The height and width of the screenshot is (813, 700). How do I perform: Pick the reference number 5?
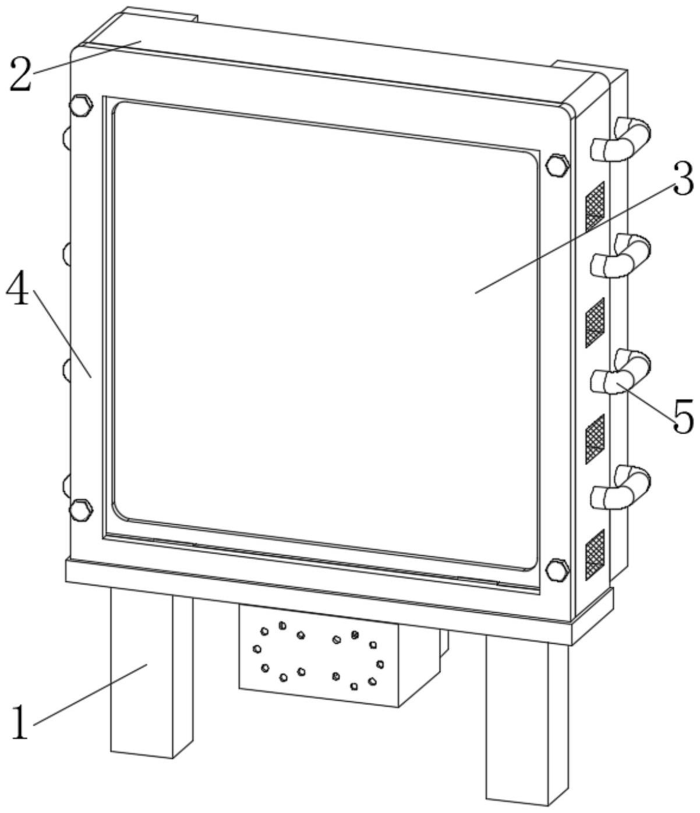pos(683,416)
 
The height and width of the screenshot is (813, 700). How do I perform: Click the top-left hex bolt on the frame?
pos(80,105)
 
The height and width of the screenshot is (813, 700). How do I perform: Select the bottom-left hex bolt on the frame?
pos(80,509)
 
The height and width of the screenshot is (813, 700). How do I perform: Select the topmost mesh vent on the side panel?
pos(595,205)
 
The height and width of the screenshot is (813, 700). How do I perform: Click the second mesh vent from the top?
pos(595,322)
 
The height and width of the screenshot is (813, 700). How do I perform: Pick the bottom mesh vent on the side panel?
pos(595,554)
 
